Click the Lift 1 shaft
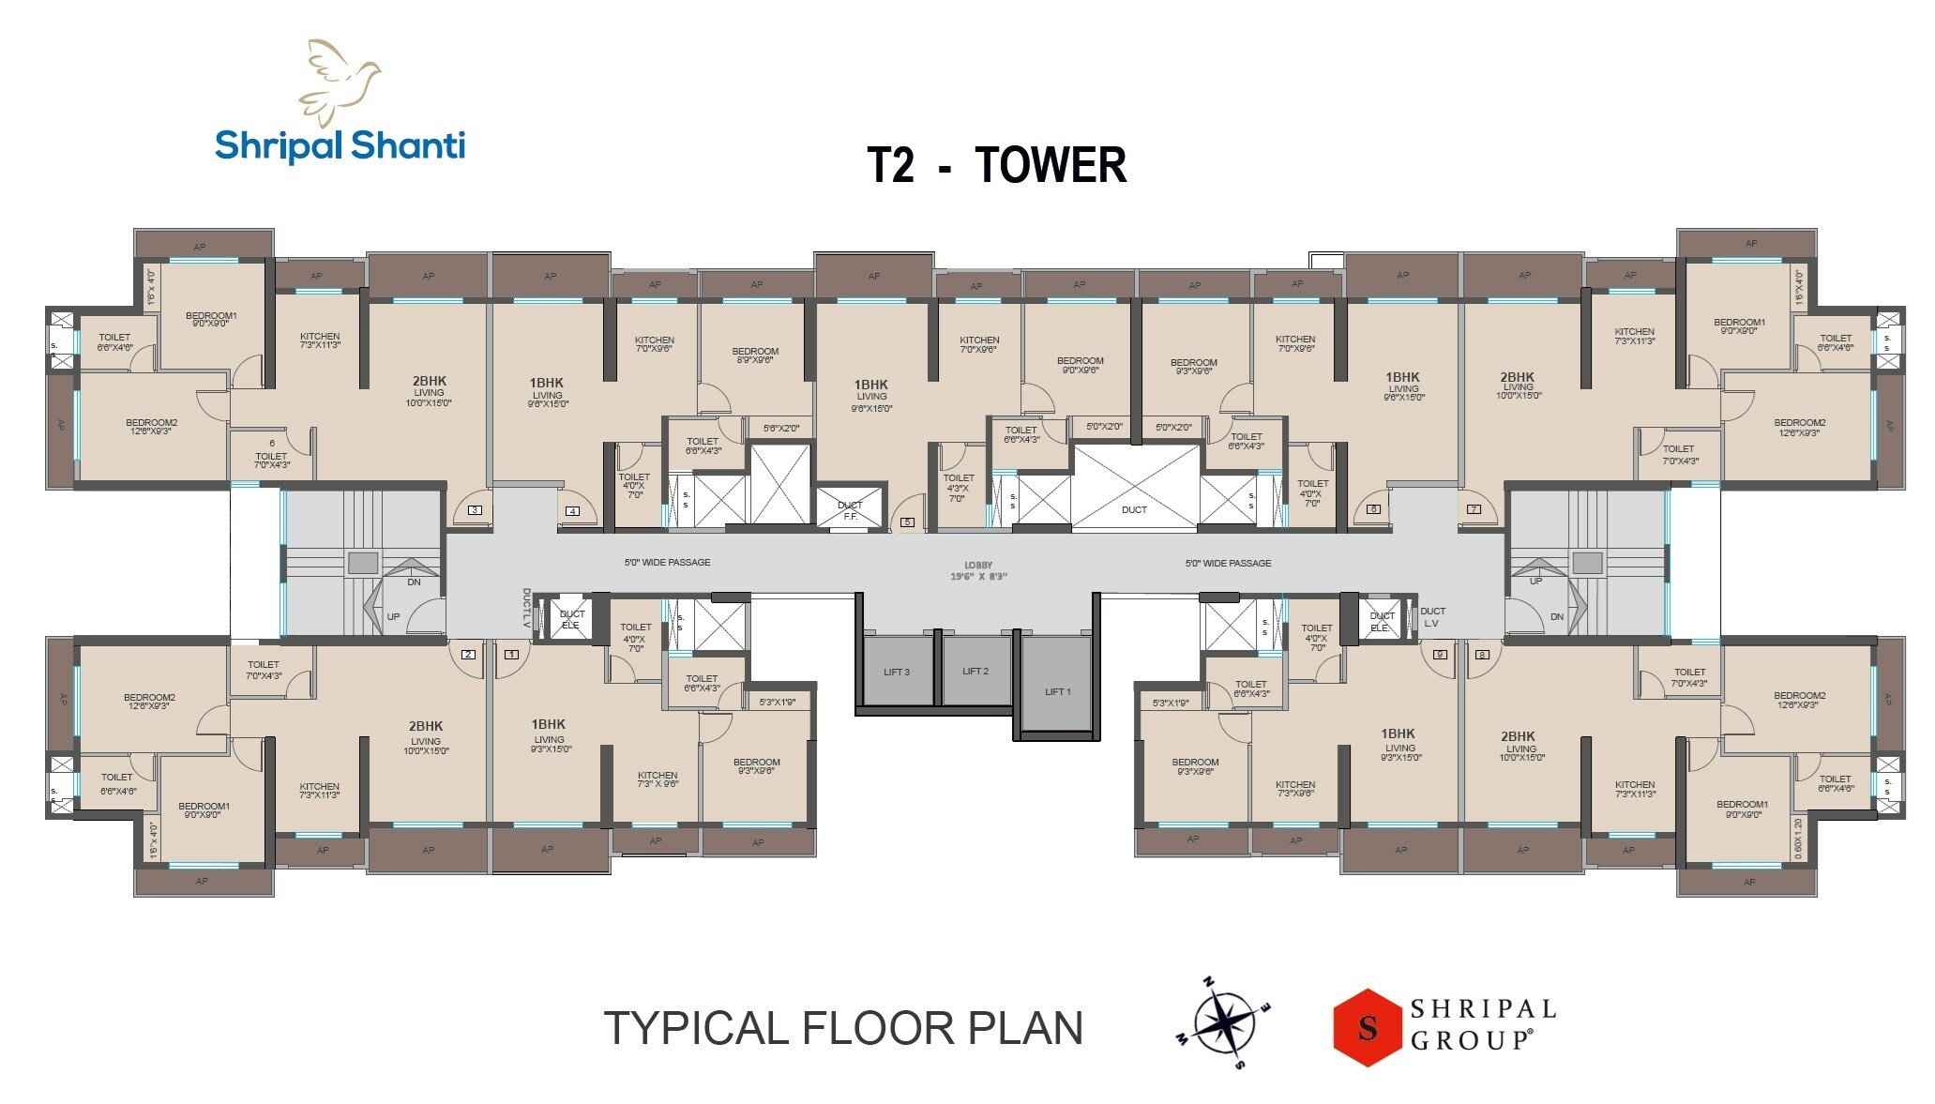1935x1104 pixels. click(x=1057, y=690)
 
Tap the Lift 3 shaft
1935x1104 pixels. click(x=897, y=672)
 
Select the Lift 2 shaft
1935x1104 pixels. click(x=975, y=671)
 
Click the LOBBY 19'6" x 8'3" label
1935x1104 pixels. click(x=978, y=571)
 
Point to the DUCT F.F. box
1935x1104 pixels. click(x=850, y=510)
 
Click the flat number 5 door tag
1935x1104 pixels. click(x=907, y=522)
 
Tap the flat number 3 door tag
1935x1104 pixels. click(x=476, y=510)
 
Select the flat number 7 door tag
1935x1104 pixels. click(x=1474, y=509)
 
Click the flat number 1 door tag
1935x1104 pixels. click(x=511, y=654)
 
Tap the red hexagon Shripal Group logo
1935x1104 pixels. click(x=1368, y=1027)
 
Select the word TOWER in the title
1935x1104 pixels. click(x=1051, y=165)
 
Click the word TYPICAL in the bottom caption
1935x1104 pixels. click(x=698, y=1028)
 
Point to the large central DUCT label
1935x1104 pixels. click(x=1134, y=510)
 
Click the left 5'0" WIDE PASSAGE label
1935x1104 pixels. click(x=667, y=563)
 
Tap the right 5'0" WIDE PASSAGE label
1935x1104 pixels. click(x=1228, y=564)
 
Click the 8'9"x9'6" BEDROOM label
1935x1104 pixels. click(x=755, y=355)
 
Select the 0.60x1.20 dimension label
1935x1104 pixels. click(x=1797, y=838)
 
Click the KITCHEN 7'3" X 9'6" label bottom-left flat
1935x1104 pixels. click(x=658, y=779)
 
